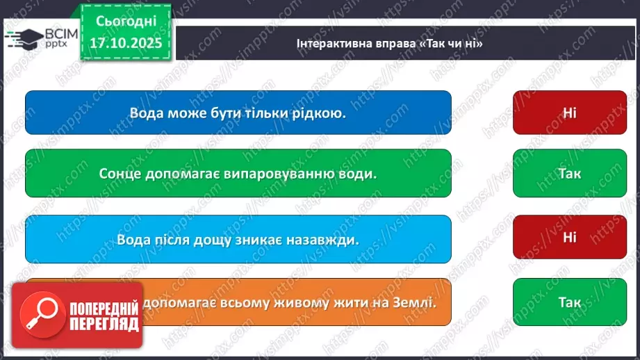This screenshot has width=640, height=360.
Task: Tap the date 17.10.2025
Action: pyautogui.click(x=126, y=42)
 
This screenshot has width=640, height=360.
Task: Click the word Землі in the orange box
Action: pyautogui.click(x=411, y=302)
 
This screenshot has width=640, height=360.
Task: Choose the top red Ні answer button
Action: pyautogui.click(x=569, y=112)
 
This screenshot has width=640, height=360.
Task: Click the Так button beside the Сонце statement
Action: pyautogui.click(x=569, y=173)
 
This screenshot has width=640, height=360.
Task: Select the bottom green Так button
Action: pyautogui.click(x=569, y=302)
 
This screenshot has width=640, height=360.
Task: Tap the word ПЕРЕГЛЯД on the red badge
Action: pyautogui.click(x=105, y=324)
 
